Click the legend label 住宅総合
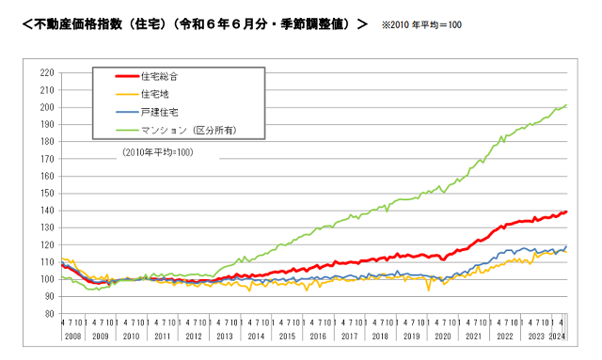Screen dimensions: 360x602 pos(160,76)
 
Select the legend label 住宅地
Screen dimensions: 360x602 pos(155,94)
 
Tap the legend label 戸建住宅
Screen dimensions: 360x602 pos(159,112)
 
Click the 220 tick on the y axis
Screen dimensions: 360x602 pos(46,72)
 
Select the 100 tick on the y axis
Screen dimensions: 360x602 pos(46,279)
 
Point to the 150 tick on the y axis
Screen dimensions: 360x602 pos(46,193)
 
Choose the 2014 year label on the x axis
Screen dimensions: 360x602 pos(257,336)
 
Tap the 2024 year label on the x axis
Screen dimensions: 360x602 pos(557,336)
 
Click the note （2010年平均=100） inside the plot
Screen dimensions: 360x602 pos(158,151)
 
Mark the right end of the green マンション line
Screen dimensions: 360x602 pos(566,105)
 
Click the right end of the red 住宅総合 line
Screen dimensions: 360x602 pos(566,211)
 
